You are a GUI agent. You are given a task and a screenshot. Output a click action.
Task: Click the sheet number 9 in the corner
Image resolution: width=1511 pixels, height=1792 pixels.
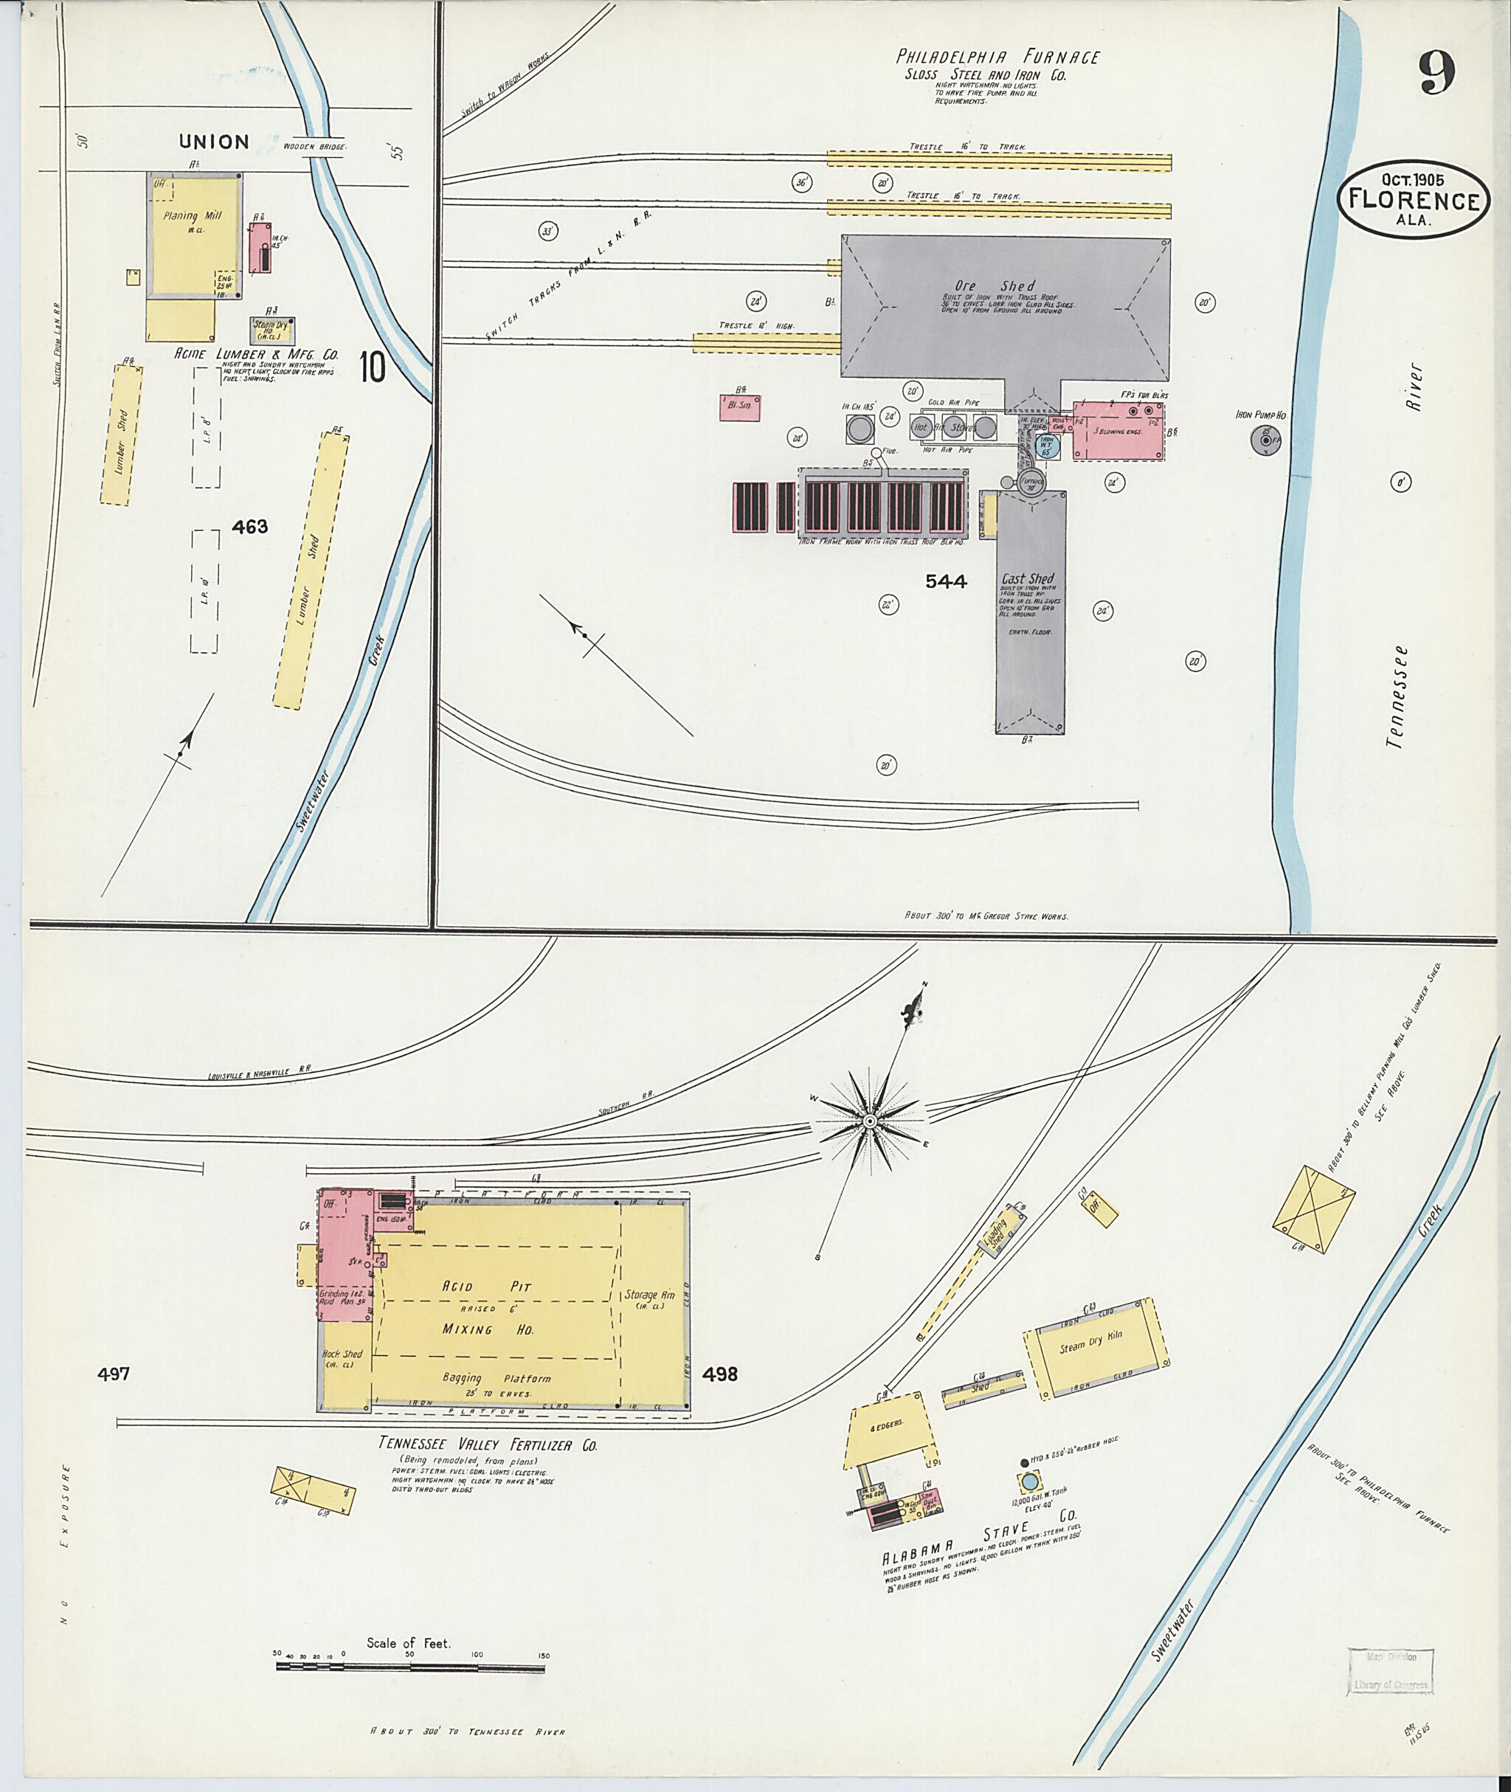[1436, 74]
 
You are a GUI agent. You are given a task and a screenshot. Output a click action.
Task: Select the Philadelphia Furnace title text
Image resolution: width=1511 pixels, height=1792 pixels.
[998, 58]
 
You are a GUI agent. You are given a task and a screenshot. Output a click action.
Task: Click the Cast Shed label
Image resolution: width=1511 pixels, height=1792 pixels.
[1028, 579]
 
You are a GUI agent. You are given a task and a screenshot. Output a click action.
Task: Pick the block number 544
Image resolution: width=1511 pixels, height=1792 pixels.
[946, 581]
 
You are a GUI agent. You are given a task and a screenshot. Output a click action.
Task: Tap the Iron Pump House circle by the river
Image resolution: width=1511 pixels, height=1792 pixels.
[1265, 440]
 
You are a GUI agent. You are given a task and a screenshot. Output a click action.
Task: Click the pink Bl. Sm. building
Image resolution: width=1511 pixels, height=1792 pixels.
[740, 406]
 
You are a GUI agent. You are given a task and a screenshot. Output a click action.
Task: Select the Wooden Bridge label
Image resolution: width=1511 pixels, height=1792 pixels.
[316, 148]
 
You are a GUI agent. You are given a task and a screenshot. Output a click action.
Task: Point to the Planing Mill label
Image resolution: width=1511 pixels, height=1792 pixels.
[193, 217]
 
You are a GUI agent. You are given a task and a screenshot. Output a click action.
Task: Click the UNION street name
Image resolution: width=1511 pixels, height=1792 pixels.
[214, 142]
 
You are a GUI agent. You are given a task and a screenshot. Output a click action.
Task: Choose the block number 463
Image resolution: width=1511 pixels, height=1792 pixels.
[249, 527]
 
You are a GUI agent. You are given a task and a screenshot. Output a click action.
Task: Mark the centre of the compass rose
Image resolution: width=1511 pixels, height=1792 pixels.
[869, 1121]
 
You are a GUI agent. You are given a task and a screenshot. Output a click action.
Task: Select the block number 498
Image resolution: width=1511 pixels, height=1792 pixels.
[719, 1374]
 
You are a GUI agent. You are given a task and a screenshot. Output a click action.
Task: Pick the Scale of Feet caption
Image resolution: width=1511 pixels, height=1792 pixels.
[409, 1643]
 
